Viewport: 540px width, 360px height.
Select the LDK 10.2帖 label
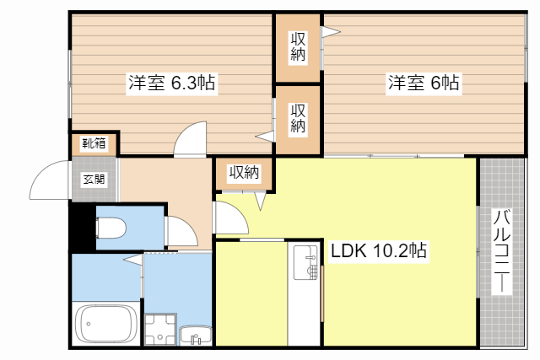(378, 250)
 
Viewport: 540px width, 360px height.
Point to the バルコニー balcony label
(500, 250)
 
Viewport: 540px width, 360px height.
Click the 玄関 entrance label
(94, 179)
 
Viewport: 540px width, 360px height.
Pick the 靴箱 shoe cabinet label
(94, 143)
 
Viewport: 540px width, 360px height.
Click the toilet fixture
(111, 228)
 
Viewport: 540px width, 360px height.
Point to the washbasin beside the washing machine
(196, 336)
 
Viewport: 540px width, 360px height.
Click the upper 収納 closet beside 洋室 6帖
(298, 48)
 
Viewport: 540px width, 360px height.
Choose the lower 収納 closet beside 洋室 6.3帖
(298, 119)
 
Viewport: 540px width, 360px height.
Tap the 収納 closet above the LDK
(244, 173)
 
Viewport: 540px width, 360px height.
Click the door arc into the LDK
(230, 218)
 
